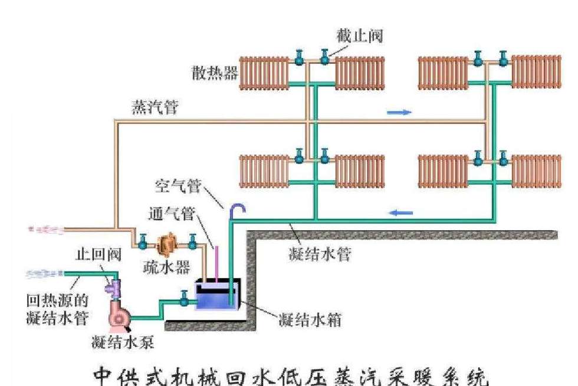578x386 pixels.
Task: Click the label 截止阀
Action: point(361,36)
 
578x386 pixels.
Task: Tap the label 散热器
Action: point(214,73)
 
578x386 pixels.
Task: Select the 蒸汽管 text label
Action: point(155,109)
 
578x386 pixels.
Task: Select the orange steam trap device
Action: point(168,243)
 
